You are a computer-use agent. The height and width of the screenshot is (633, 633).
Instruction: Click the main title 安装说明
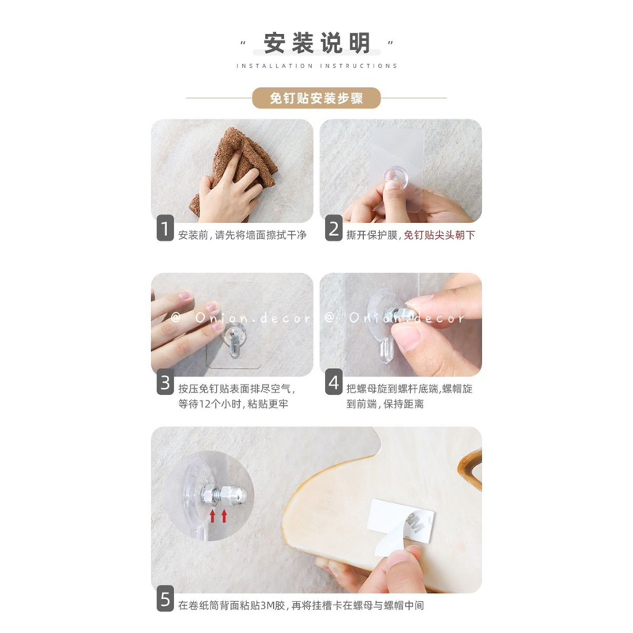316,44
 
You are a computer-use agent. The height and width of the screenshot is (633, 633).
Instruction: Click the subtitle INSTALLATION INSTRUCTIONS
317,66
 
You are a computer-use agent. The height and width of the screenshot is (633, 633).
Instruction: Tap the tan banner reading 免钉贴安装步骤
316,98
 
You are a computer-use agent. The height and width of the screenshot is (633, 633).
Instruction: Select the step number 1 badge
165,229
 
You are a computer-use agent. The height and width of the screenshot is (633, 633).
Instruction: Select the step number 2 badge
334,229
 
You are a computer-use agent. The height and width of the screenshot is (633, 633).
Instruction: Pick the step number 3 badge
165,382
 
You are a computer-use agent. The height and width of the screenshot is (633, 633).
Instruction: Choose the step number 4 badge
334,382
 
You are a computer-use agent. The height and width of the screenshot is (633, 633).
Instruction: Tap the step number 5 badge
165,598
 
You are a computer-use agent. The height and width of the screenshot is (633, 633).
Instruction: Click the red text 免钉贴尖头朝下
439,235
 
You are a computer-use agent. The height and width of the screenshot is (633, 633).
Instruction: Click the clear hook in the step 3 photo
233,340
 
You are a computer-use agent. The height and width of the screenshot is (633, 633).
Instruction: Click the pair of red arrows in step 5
218,516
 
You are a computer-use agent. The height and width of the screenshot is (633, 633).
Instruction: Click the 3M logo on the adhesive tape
415,524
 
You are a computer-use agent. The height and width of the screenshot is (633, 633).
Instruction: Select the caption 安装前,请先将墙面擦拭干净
242,235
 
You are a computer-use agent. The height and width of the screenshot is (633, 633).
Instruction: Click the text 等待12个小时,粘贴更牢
233,404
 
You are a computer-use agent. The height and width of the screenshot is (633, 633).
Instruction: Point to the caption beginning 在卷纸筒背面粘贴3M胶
301,605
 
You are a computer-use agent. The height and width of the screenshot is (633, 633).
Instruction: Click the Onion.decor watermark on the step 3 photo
241,318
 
